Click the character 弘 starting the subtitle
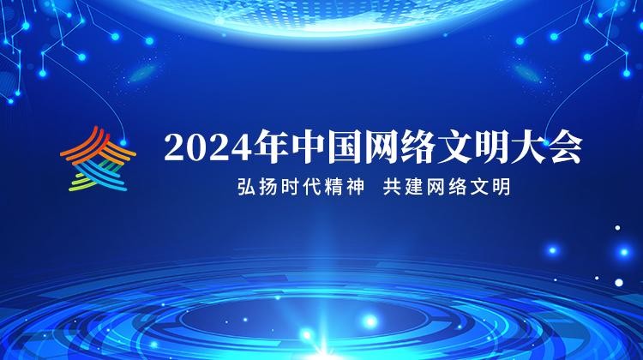246,187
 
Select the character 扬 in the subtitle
268,187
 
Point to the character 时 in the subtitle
290,187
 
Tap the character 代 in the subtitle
312,187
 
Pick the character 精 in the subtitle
334,187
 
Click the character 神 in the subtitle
355,187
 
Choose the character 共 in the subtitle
393,187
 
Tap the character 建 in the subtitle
414,187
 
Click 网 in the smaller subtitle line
436,187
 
